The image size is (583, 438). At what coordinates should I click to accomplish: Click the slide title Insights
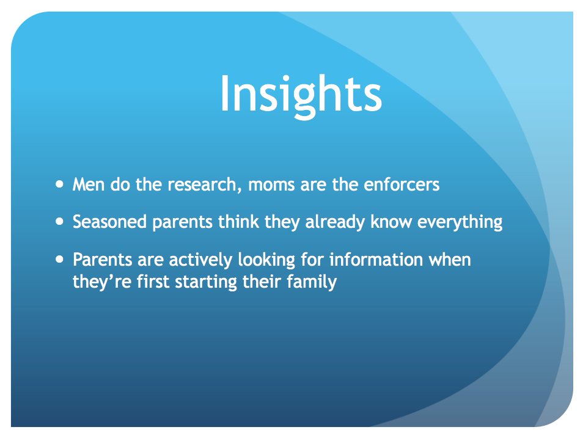coord(301,96)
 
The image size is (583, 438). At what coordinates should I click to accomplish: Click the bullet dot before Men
coord(59,184)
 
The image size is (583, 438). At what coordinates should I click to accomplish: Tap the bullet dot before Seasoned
coord(59,222)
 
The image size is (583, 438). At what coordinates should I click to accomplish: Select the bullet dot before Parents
coord(59,259)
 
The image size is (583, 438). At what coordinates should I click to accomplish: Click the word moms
coord(271,186)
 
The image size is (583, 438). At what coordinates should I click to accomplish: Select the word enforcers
coord(402,184)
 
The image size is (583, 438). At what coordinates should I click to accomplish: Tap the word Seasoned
coord(109,222)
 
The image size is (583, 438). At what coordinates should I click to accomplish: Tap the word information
coord(376,259)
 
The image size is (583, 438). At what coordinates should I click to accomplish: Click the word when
coord(450,259)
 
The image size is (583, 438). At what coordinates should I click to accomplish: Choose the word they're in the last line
coord(102,282)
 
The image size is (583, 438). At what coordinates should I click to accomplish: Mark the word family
coord(312,282)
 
